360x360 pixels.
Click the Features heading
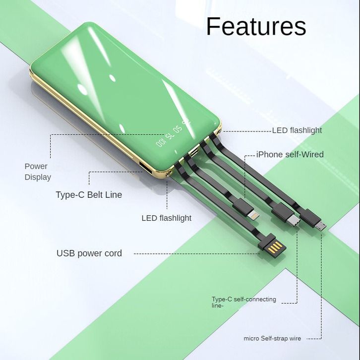tap(256, 26)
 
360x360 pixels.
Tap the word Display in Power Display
tap(38, 177)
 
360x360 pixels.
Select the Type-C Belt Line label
tap(89, 195)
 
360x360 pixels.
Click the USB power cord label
tap(89, 253)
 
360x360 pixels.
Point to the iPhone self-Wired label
tap(290, 155)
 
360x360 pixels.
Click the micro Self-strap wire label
tap(272, 339)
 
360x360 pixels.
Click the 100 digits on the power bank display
tap(161, 143)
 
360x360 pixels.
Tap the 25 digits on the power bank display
tap(186, 121)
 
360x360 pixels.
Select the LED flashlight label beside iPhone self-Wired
tap(297, 130)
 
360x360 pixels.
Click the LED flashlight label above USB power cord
tap(166, 218)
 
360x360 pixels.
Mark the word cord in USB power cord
tap(113, 253)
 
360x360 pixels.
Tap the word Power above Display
tap(36, 167)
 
